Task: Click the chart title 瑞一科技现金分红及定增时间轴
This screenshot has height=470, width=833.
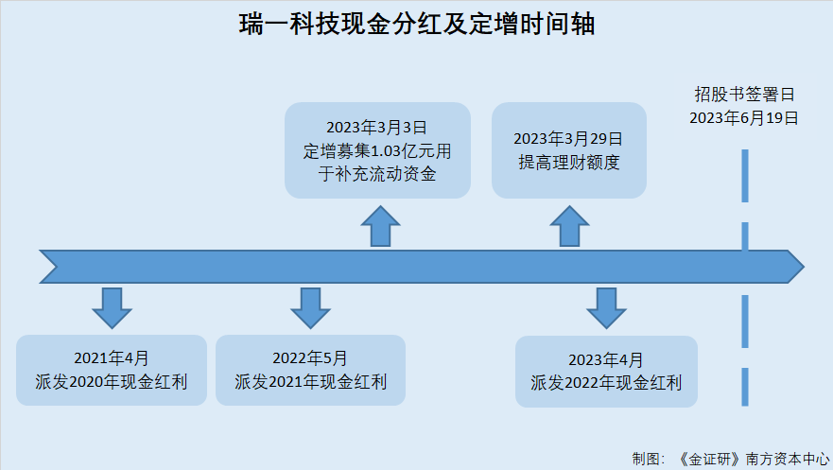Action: tap(416, 25)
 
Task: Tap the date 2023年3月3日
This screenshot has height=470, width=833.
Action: tap(376, 128)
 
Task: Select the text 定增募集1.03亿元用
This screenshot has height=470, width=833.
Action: tap(377, 151)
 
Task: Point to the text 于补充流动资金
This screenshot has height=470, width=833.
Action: tap(377, 174)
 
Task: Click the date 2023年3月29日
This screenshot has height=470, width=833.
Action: tap(568, 139)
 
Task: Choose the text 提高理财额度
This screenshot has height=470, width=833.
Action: tap(569, 162)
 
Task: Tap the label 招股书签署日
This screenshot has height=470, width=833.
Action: tap(744, 95)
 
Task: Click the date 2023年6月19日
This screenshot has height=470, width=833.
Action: tap(744, 118)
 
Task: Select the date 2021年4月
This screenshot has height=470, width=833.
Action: tap(111, 358)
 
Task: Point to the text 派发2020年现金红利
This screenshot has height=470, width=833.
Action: tap(111, 382)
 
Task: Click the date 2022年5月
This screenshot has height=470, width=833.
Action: tap(310, 358)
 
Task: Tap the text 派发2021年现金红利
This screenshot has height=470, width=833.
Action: tap(311, 382)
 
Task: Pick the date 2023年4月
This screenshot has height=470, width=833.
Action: tap(606, 359)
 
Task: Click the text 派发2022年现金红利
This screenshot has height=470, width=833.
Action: tap(606, 383)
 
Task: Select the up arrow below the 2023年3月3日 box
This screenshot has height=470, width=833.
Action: tap(380, 226)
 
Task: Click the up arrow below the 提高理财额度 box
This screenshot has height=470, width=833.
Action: tap(569, 226)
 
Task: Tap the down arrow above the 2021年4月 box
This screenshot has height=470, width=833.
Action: tap(112, 308)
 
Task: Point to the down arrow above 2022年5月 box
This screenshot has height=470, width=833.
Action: tap(310, 308)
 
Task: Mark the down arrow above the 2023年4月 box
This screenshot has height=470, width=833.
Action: tap(606, 308)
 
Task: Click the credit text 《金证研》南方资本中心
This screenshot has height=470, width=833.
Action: tap(755, 459)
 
